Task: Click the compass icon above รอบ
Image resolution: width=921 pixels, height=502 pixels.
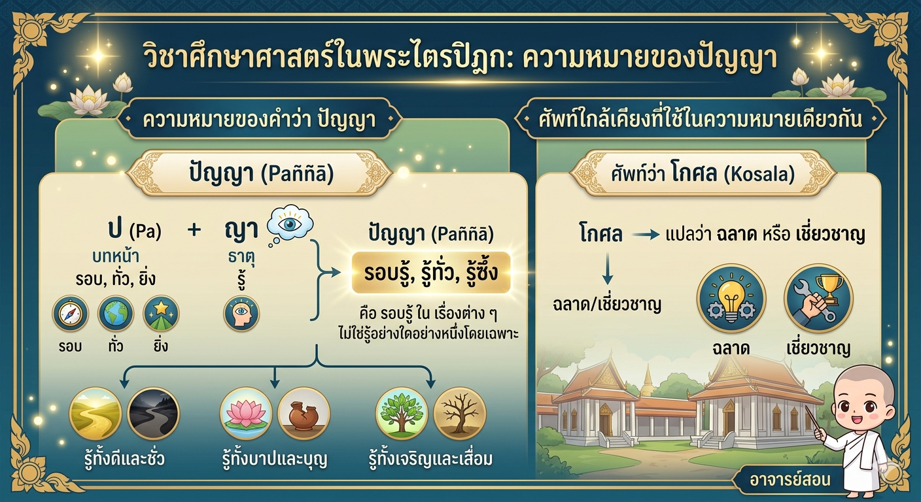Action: click(x=70, y=314)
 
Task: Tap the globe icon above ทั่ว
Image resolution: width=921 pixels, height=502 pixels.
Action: click(x=116, y=314)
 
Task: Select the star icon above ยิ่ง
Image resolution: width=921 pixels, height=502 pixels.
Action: click(x=161, y=314)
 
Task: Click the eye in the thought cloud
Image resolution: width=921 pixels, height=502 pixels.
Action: click(x=290, y=224)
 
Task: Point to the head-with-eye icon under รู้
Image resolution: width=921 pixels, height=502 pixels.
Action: click(x=241, y=314)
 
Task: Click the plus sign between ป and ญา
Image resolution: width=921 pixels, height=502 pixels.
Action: click(x=194, y=229)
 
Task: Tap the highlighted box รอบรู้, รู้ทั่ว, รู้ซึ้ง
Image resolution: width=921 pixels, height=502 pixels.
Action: click(x=431, y=273)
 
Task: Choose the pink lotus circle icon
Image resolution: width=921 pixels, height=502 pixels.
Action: click(x=246, y=413)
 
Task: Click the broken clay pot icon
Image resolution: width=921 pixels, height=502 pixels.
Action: click(x=304, y=413)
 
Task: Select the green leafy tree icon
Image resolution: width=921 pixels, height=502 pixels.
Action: click(x=402, y=413)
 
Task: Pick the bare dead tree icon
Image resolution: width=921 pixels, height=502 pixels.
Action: click(x=460, y=413)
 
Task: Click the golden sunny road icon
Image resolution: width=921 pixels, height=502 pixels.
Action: click(x=96, y=413)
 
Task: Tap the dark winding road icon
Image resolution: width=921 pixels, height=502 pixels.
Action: click(x=153, y=413)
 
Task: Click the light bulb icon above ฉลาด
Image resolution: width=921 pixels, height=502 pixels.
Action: click(x=731, y=298)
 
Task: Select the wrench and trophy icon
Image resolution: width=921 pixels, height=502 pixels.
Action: click(x=818, y=298)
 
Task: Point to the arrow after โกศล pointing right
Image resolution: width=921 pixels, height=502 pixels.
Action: click(x=646, y=235)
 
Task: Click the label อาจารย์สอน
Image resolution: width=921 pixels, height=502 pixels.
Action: click(x=790, y=479)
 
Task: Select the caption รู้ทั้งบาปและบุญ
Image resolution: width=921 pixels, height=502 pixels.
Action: click(x=274, y=459)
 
